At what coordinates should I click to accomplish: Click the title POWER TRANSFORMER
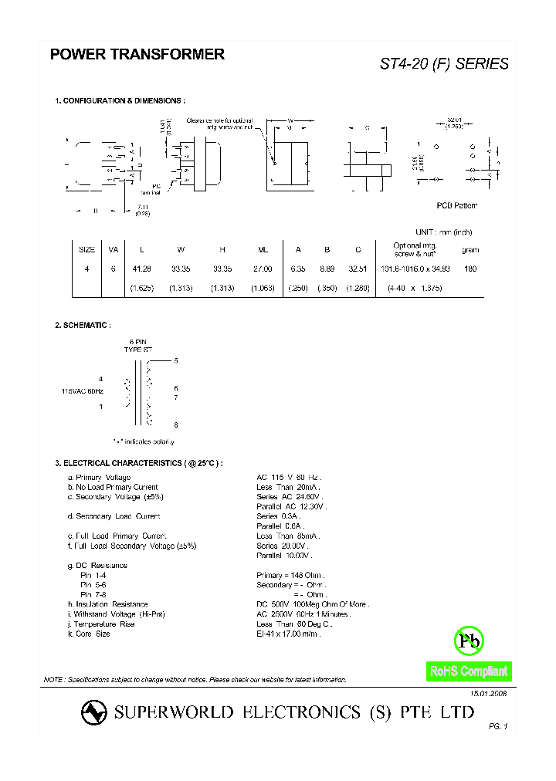pyautogui.click(x=137, y=55)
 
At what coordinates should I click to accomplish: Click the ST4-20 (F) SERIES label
pyautogui.click(x=444, y=64)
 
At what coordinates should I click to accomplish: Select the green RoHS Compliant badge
pyautogui.click(x=469, y=671)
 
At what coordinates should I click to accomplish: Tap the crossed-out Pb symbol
pyautogui.click(x=468, y=640)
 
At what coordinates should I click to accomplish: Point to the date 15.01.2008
pyautogui.click(x=487, y=695)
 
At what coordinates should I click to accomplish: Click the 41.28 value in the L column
pyautogui.click(x=141, y=269)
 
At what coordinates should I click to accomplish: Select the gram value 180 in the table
pyautogui.click(x=470, y=269)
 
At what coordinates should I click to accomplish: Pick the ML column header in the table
pyautogui.click(x=263, y=250)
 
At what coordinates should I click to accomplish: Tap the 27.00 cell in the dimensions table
pyautogui.click(x=263, y=269)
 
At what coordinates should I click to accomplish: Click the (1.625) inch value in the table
pyautogui.click(x=141, y=288)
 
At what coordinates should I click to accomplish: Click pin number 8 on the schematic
pyautogui.click(x=176, y=425)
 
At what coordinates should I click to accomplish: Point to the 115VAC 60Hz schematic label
pyautogui.click(x=83, y=392)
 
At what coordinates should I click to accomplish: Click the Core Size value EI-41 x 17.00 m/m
pyautogui.click(x=288, y=634)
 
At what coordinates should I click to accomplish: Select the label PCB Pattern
pyautogui.click(x=457, y=205)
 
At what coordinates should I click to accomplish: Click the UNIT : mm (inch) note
pyautogui.click(x=443, y=232)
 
